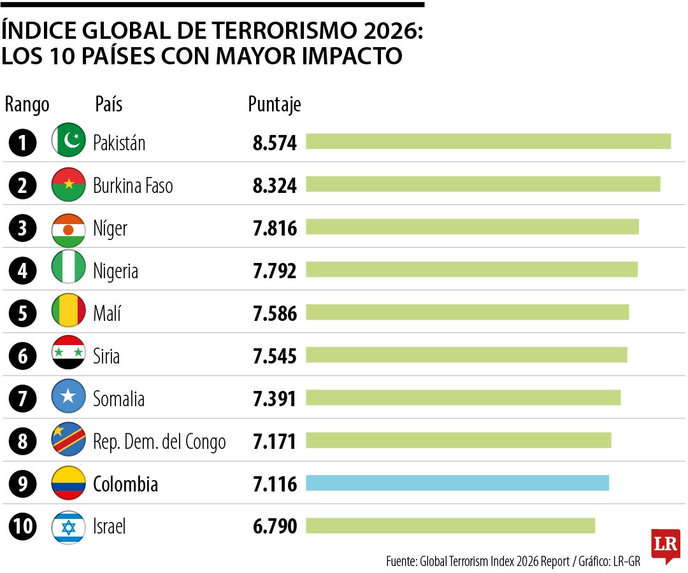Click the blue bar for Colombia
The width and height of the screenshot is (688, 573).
point(457,483)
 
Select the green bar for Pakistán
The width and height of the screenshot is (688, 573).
point(488,141)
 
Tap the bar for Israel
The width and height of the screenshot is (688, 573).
point(450,526)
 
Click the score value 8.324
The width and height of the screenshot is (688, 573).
point(275,186)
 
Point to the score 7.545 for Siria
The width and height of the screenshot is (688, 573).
point(275,356)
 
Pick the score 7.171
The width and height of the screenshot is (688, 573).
point(275,441)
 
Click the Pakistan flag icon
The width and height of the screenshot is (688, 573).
point(68,140)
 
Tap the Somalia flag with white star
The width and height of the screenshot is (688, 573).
point(68,397)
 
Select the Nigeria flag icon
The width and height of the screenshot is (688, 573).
point(68,267)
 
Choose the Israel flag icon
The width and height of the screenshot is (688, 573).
point(68,527)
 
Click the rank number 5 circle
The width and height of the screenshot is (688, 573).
point(23,314)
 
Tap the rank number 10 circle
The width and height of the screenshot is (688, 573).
point(23,527)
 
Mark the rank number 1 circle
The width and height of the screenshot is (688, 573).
point(23,143)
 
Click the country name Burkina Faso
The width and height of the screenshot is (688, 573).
point(133,186)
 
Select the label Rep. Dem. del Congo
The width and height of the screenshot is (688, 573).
point(159,441)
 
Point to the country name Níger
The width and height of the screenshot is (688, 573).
point(110,229)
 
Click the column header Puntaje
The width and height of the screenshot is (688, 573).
point(274,104)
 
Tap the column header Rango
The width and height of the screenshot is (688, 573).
point(27,104)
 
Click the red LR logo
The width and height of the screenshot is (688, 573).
point(665,545)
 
